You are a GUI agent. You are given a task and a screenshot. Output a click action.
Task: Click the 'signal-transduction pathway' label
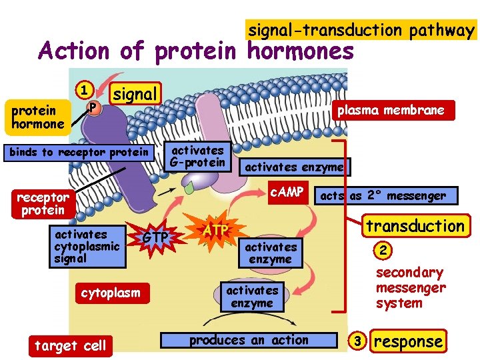pyautogui.click(x=361, y=30)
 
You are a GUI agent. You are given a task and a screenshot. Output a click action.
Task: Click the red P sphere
pyautogui.click(x=94, y=107)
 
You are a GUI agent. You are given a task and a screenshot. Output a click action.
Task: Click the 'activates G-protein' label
pyautogui.click(x=197, y=155)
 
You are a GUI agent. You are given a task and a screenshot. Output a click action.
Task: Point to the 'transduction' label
pyautogui.click(x=415, y=225)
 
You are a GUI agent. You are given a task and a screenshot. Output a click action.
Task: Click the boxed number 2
pyautogui.click(x=383, y=251)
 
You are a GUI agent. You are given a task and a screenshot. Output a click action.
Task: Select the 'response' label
pyautogui.click(x=408, y=341)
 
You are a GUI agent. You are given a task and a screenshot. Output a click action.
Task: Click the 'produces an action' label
pyautogui.click(x=249, y=340)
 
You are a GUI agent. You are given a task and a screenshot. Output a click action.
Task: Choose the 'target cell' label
pyautogui.click(x=70, y=345)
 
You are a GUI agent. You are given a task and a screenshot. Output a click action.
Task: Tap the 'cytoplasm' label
pyautogui.click(x=111, y=293)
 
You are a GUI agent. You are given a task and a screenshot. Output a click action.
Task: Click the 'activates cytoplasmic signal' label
pyautogui.click(x=87, y=247)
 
